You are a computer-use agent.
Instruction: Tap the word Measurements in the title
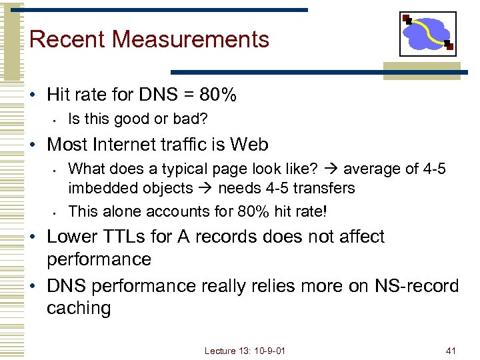tap(191, 39)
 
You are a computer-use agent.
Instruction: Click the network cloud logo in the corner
tap(427, 34)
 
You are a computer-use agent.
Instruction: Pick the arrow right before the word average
tap(333, 169)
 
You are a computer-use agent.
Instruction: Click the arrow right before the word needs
tap(208, 188)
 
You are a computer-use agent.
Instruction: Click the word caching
tap(79, 308)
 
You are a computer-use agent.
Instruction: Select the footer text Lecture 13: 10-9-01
tap(245, 350)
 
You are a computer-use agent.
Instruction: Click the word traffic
tap(186, 145)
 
